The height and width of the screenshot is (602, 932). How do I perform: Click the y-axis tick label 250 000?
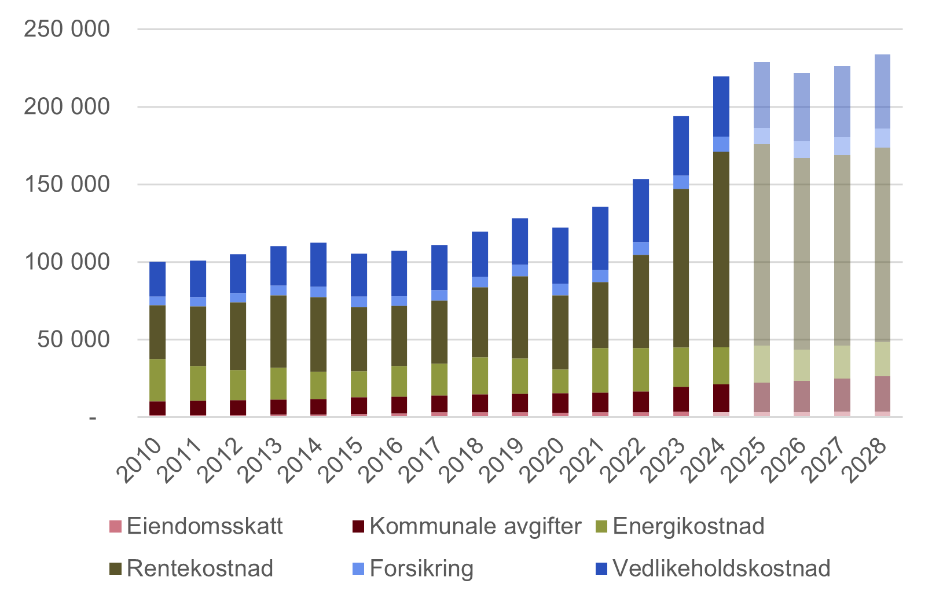67,29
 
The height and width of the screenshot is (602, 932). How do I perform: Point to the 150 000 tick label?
67,184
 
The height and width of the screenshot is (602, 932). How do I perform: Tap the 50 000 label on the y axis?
74,339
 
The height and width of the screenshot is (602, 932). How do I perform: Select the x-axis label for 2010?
140,460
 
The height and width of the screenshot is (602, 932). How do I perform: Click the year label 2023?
666,460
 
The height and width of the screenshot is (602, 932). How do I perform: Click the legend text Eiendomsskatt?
204,526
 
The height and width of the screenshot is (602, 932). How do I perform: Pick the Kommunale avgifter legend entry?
475,526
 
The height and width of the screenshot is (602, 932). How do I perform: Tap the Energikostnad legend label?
688,526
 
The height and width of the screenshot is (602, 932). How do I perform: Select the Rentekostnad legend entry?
200,568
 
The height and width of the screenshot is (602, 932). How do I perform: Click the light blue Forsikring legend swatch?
358,569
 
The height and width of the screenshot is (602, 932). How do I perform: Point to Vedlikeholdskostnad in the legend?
721,568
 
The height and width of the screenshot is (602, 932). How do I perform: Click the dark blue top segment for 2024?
721,107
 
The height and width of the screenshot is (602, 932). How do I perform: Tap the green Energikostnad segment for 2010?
157,380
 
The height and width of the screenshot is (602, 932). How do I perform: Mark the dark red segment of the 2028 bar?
882,394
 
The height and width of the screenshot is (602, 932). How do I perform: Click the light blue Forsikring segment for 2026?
801,149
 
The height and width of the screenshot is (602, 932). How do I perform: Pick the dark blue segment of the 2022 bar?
641,210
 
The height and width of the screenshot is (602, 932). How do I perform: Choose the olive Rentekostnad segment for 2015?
359,339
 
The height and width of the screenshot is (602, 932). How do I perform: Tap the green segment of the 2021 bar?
600,370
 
